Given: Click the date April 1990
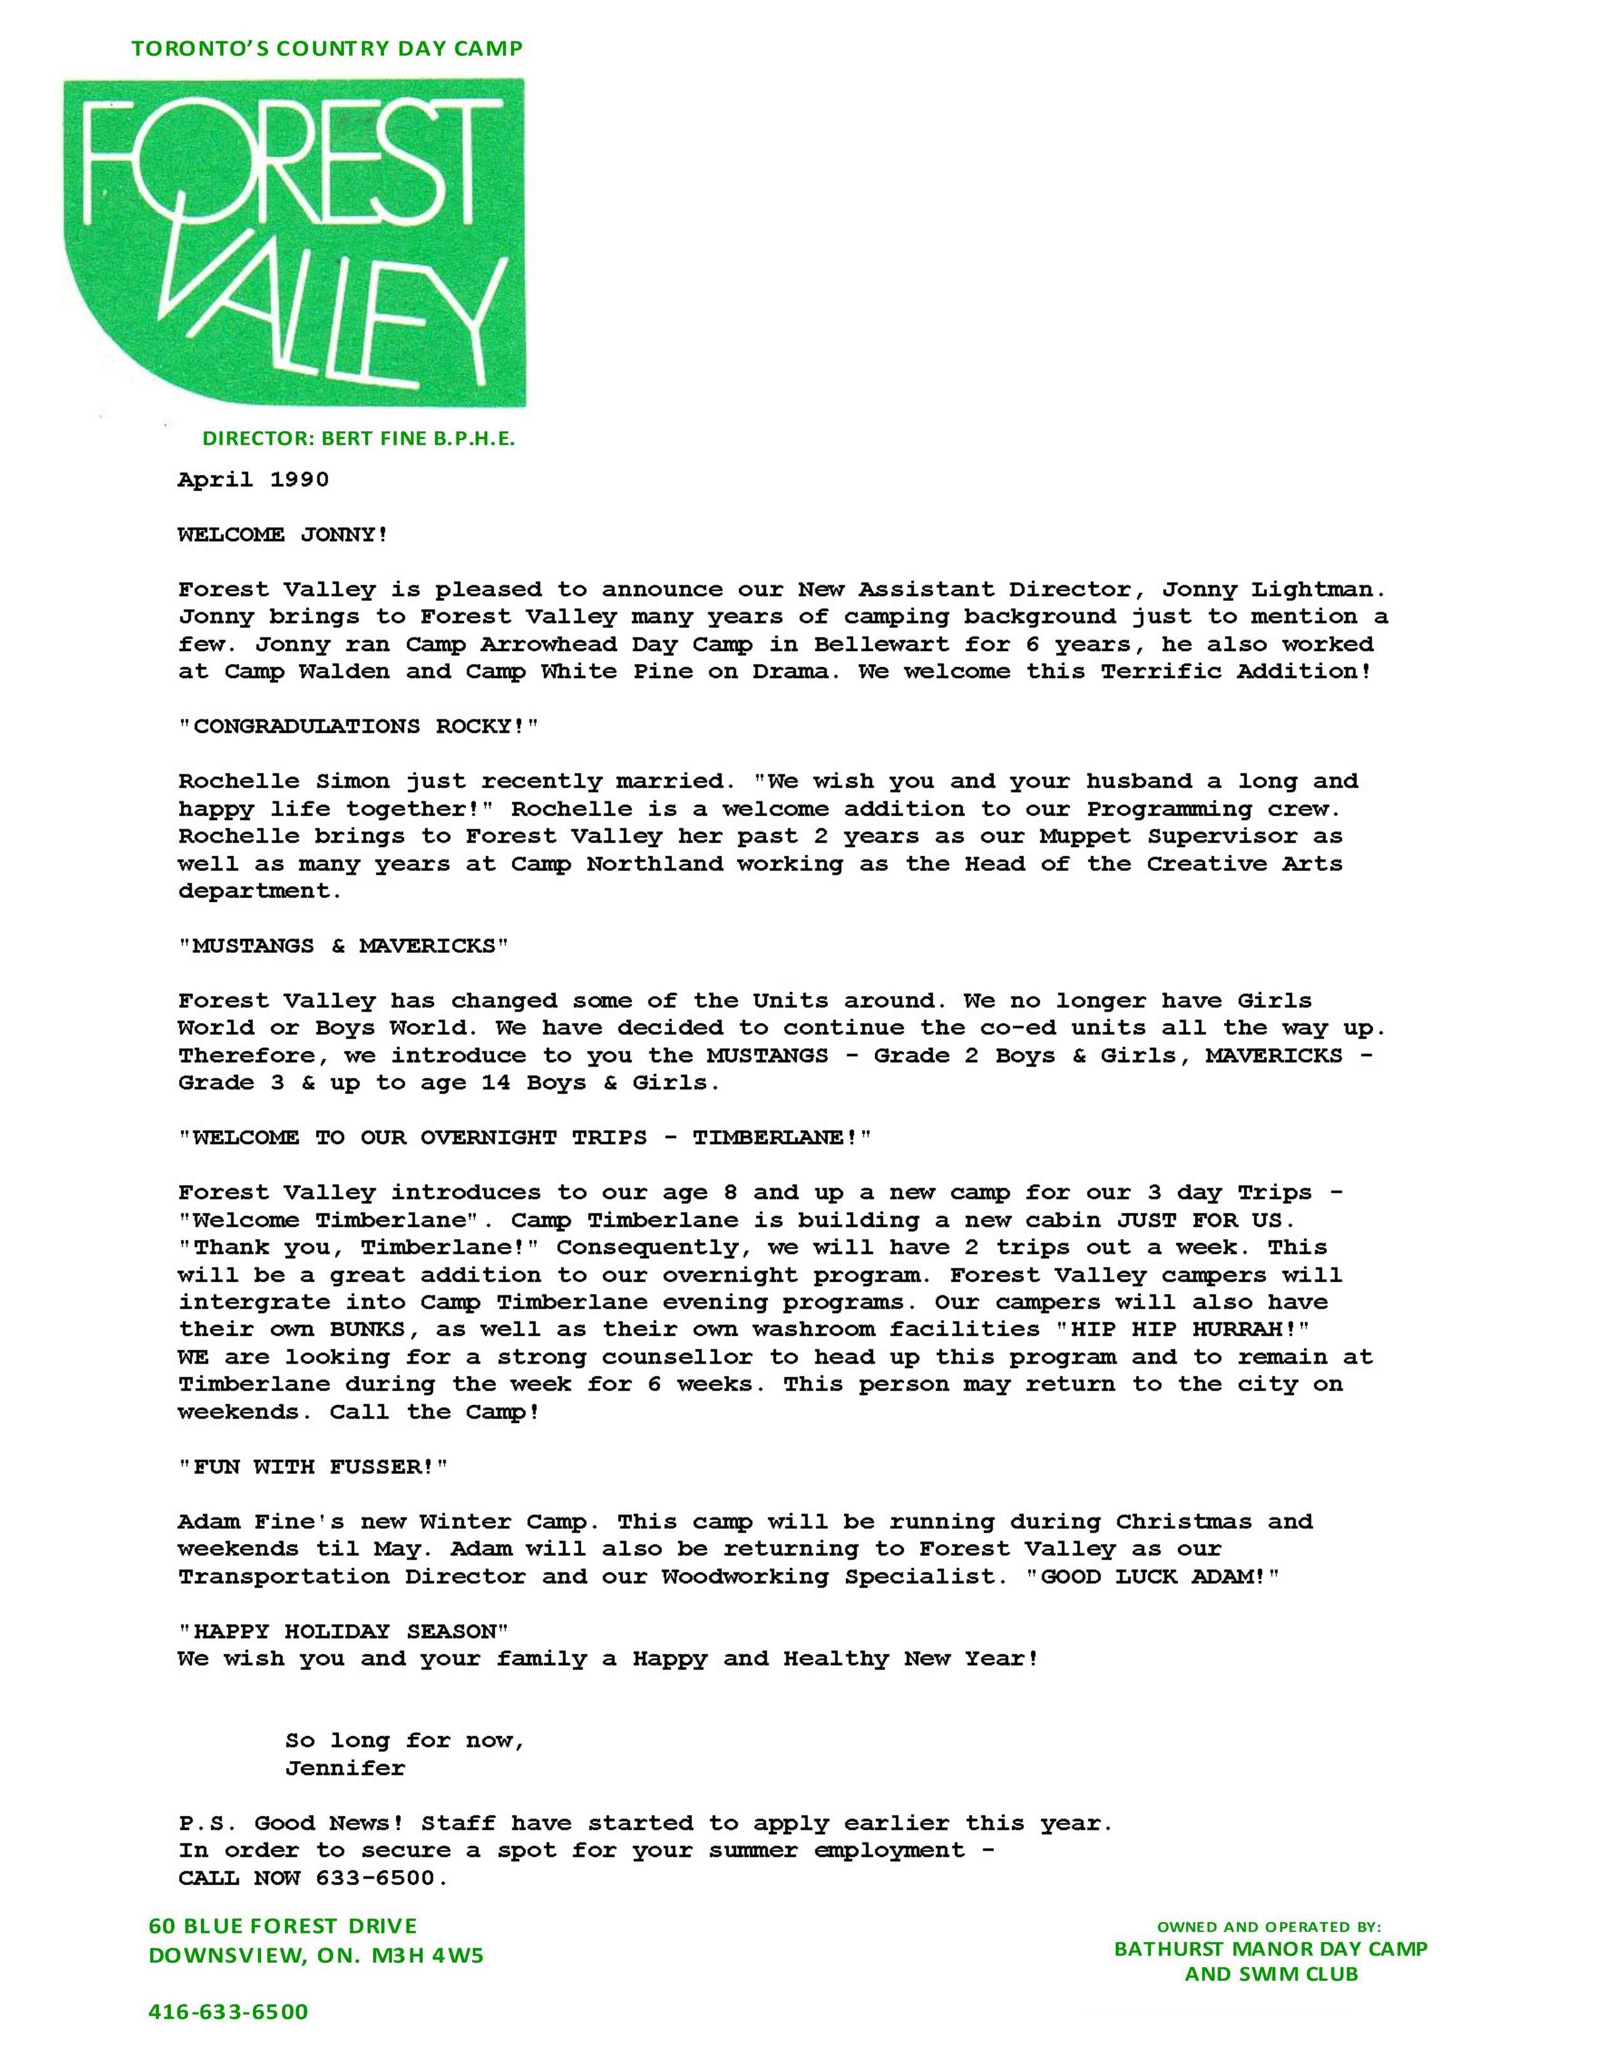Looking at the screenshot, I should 254,480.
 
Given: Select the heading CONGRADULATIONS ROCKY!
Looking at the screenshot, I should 359,726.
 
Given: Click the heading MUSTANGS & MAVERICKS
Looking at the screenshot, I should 343,946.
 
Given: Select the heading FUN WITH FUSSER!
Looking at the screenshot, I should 313,1467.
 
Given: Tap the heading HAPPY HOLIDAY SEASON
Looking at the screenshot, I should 343,1632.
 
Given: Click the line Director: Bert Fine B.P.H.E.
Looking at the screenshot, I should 359,439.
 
